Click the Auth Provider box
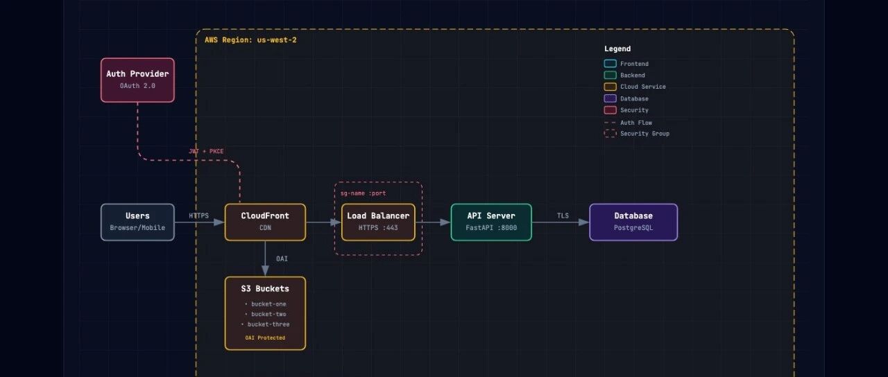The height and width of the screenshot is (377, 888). pos(137,80)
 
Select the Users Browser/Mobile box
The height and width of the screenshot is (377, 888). pos(137,222)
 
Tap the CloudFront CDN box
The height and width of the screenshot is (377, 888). pos(265,222)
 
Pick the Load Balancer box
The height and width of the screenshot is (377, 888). pos(378,222)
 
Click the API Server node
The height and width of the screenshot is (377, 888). pos(491,222)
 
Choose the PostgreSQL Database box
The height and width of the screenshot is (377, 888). pos(633,222)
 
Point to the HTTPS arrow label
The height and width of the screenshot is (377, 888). pos(198,216)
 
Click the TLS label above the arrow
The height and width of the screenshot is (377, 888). pos(563,216)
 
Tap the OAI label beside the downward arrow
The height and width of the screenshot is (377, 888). pos(282,258)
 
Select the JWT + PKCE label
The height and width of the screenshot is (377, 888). pos(206,151)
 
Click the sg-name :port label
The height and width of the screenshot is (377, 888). pos(363,193)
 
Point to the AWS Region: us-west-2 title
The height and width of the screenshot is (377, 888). pos(250,40)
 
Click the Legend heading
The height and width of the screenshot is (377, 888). pos(617,49)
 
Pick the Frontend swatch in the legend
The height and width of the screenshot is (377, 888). pos(610,63)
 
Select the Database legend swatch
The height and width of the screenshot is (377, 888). pos(610,98)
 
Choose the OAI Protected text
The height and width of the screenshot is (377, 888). pos(265,337)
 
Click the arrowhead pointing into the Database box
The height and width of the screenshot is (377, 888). pos(584,222)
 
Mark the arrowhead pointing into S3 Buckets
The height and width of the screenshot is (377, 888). pos(265,271)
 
